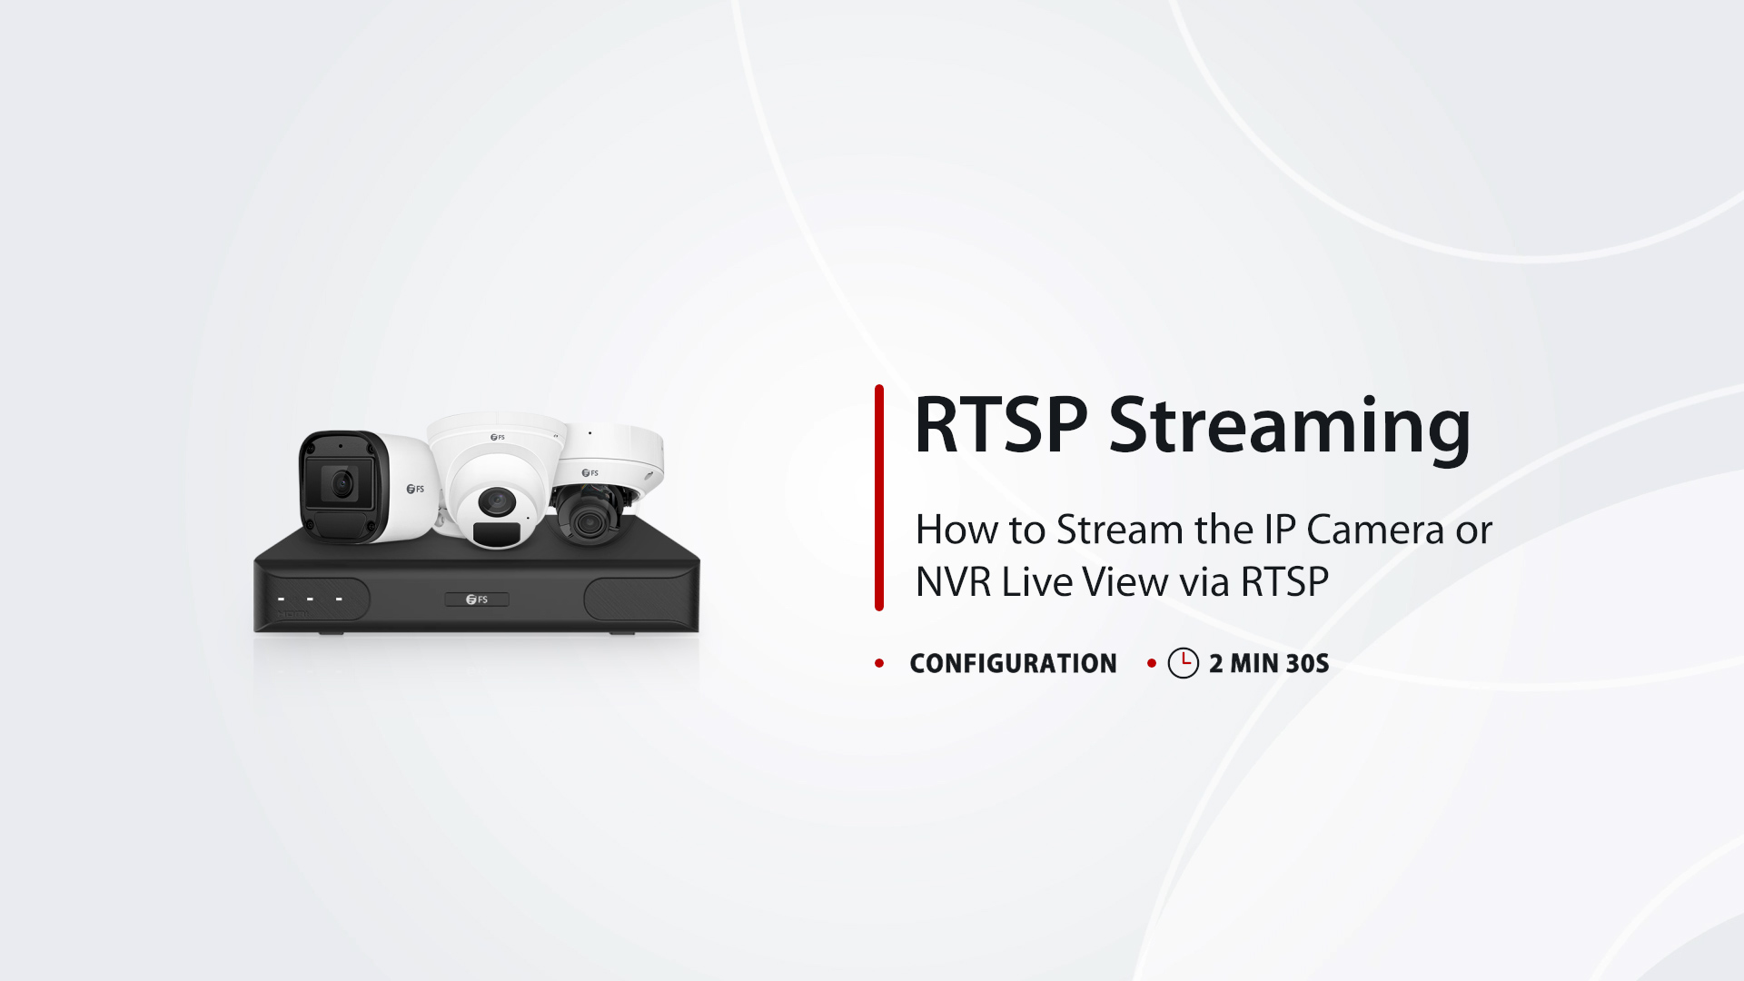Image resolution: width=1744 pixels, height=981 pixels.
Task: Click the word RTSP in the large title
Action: click(1001, 425)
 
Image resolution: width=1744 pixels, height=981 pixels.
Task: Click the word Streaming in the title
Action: click(1290, 429)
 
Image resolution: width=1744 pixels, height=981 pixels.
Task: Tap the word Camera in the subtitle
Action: click(1375, 530)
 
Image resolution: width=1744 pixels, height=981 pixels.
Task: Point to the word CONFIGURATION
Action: click(1013, 663)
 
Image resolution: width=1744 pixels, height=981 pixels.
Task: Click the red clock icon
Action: click(1184, 663)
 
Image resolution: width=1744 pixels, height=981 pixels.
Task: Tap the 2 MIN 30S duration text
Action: click(1269, 663)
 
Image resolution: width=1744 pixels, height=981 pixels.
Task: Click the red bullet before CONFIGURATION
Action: click(879, 663)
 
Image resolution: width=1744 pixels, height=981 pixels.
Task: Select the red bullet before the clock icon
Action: click(1152, 663)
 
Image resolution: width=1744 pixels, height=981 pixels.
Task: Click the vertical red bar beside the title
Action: click(879, 498)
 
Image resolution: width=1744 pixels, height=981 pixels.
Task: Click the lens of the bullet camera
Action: click(342, 484)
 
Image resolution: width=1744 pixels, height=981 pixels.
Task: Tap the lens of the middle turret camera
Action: click(496, 501)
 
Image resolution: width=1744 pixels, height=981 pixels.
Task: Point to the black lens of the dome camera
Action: click(589, 521)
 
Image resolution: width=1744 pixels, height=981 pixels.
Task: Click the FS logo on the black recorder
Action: click(477, 599)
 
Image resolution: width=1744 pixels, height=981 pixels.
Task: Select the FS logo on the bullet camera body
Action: click(415, 489)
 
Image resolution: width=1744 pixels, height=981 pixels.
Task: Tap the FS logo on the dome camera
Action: click(590, 472)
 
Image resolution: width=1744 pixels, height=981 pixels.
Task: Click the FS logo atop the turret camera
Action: click(498, 437)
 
